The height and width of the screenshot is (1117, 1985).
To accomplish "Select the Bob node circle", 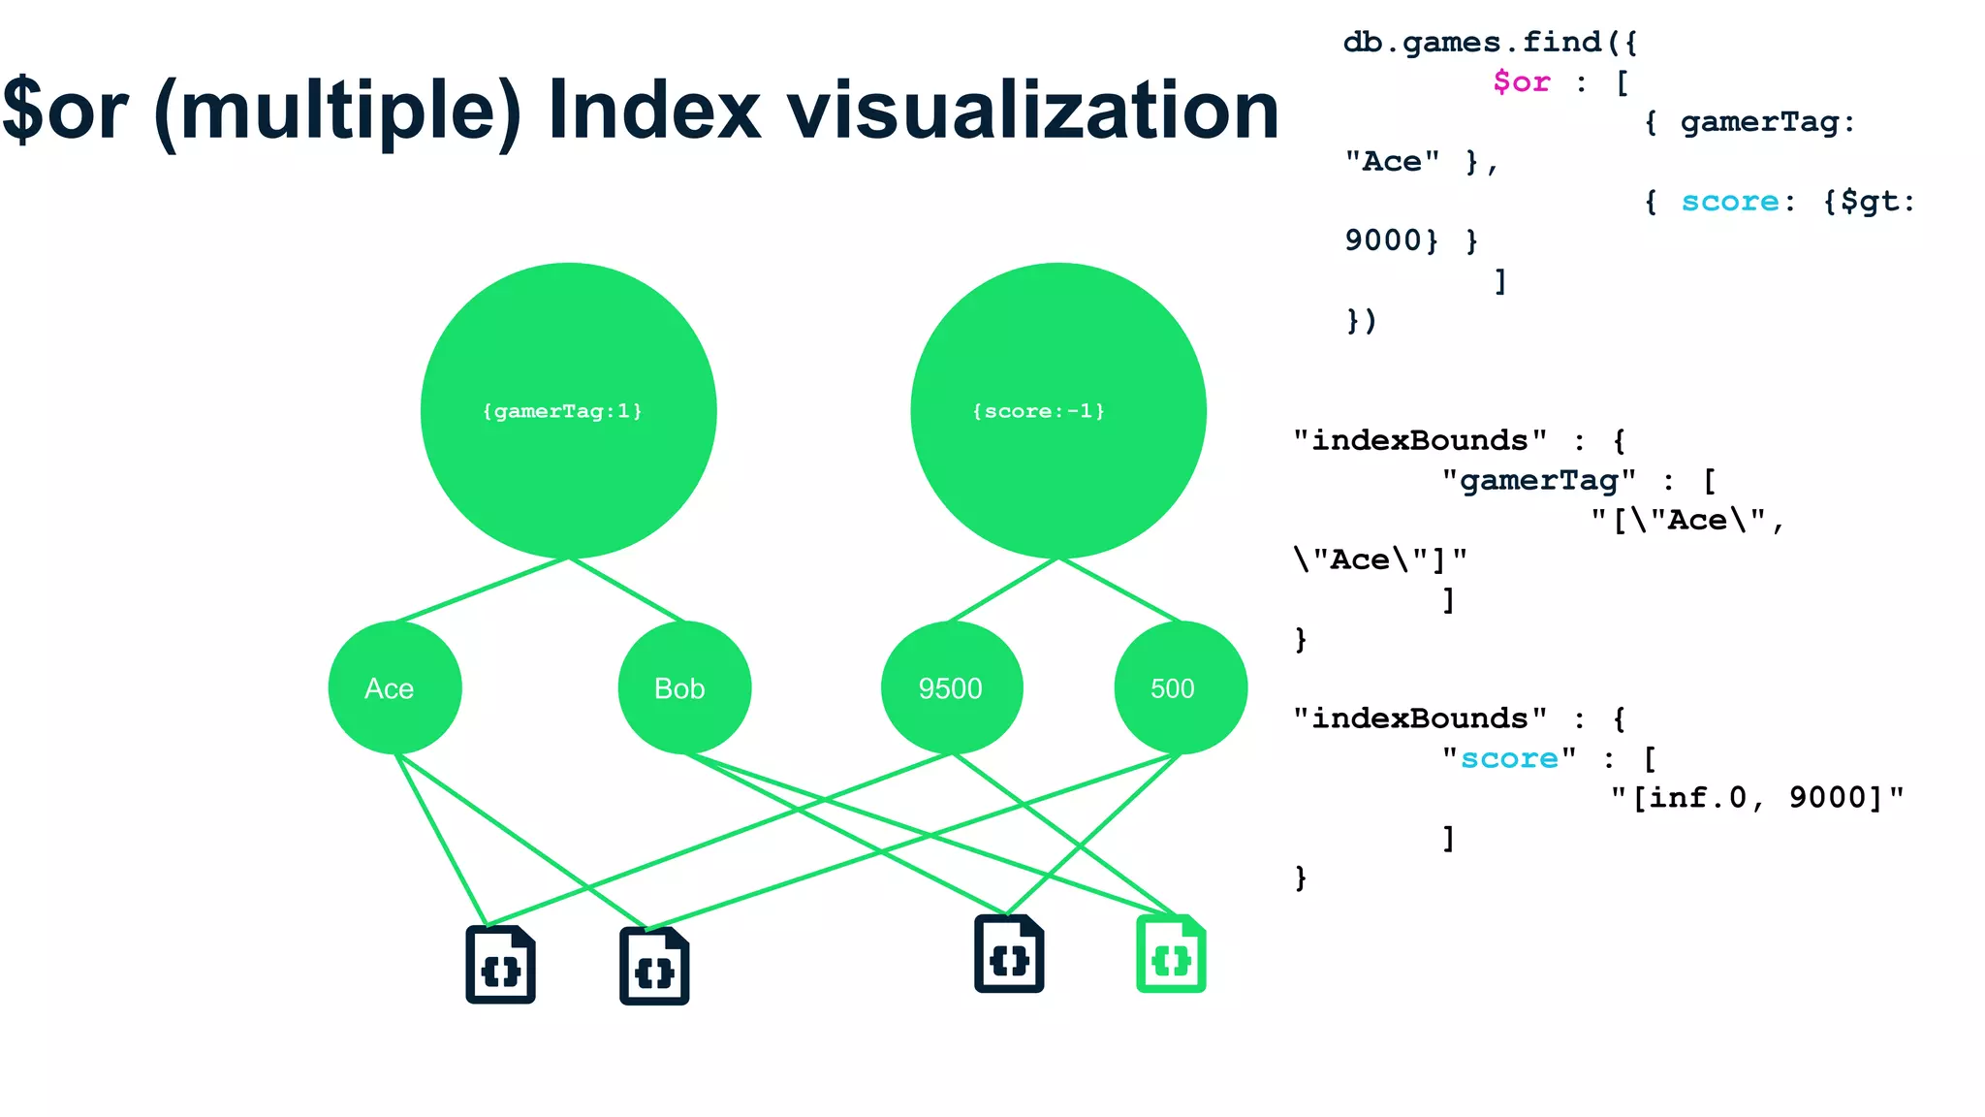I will [684, 687].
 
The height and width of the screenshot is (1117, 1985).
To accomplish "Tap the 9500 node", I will [951, 687].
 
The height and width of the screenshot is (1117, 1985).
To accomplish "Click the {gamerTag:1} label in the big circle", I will [562, 411].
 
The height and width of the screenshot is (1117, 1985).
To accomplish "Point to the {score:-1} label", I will [1038, 411].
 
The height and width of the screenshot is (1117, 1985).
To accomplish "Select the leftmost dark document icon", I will [500, 965].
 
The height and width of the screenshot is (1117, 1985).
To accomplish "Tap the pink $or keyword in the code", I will [1521, 81].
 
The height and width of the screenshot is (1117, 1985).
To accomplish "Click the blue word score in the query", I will [1729, 201].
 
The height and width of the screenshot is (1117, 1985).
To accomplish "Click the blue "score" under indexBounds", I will [1509, 758].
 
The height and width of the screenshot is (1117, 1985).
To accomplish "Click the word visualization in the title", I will [1033, 111].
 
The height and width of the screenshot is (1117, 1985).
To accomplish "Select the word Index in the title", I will [654, 111].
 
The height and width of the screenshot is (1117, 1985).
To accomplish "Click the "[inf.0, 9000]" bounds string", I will [1757, 798].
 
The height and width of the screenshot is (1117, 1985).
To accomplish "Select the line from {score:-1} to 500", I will [1119, 590].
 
